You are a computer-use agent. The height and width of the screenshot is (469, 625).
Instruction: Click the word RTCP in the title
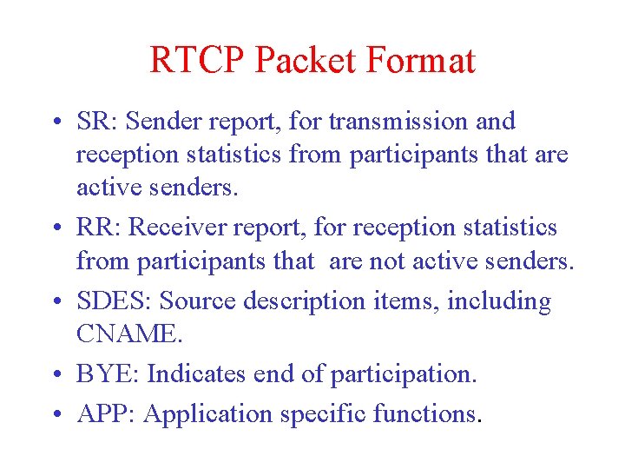198,61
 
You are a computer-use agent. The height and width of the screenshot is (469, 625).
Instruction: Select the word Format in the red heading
423,61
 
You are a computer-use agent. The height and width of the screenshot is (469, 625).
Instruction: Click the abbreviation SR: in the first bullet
95,122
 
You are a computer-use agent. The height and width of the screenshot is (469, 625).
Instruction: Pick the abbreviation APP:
107,413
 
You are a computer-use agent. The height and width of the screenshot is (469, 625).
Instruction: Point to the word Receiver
173,228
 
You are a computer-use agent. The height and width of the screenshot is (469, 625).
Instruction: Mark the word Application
209,414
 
